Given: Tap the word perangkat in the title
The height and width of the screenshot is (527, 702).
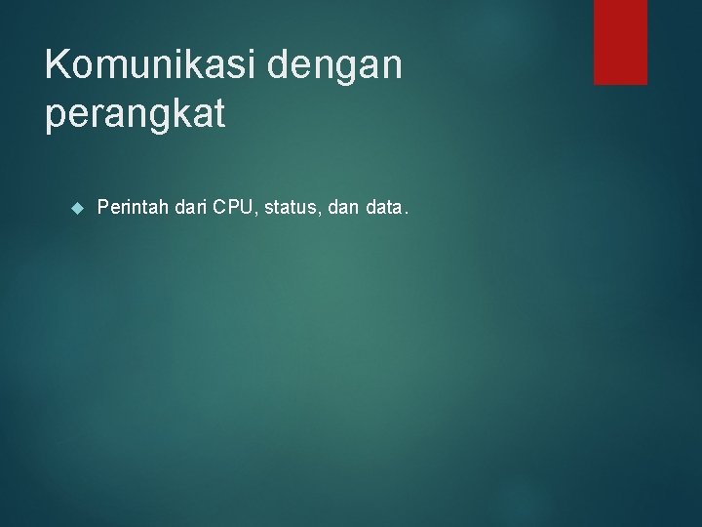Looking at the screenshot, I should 135,114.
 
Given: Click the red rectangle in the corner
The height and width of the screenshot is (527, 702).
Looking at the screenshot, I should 620,41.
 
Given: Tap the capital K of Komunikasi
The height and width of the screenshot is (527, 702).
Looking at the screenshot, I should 58,66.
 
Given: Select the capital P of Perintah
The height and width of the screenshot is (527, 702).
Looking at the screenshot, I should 104,207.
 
